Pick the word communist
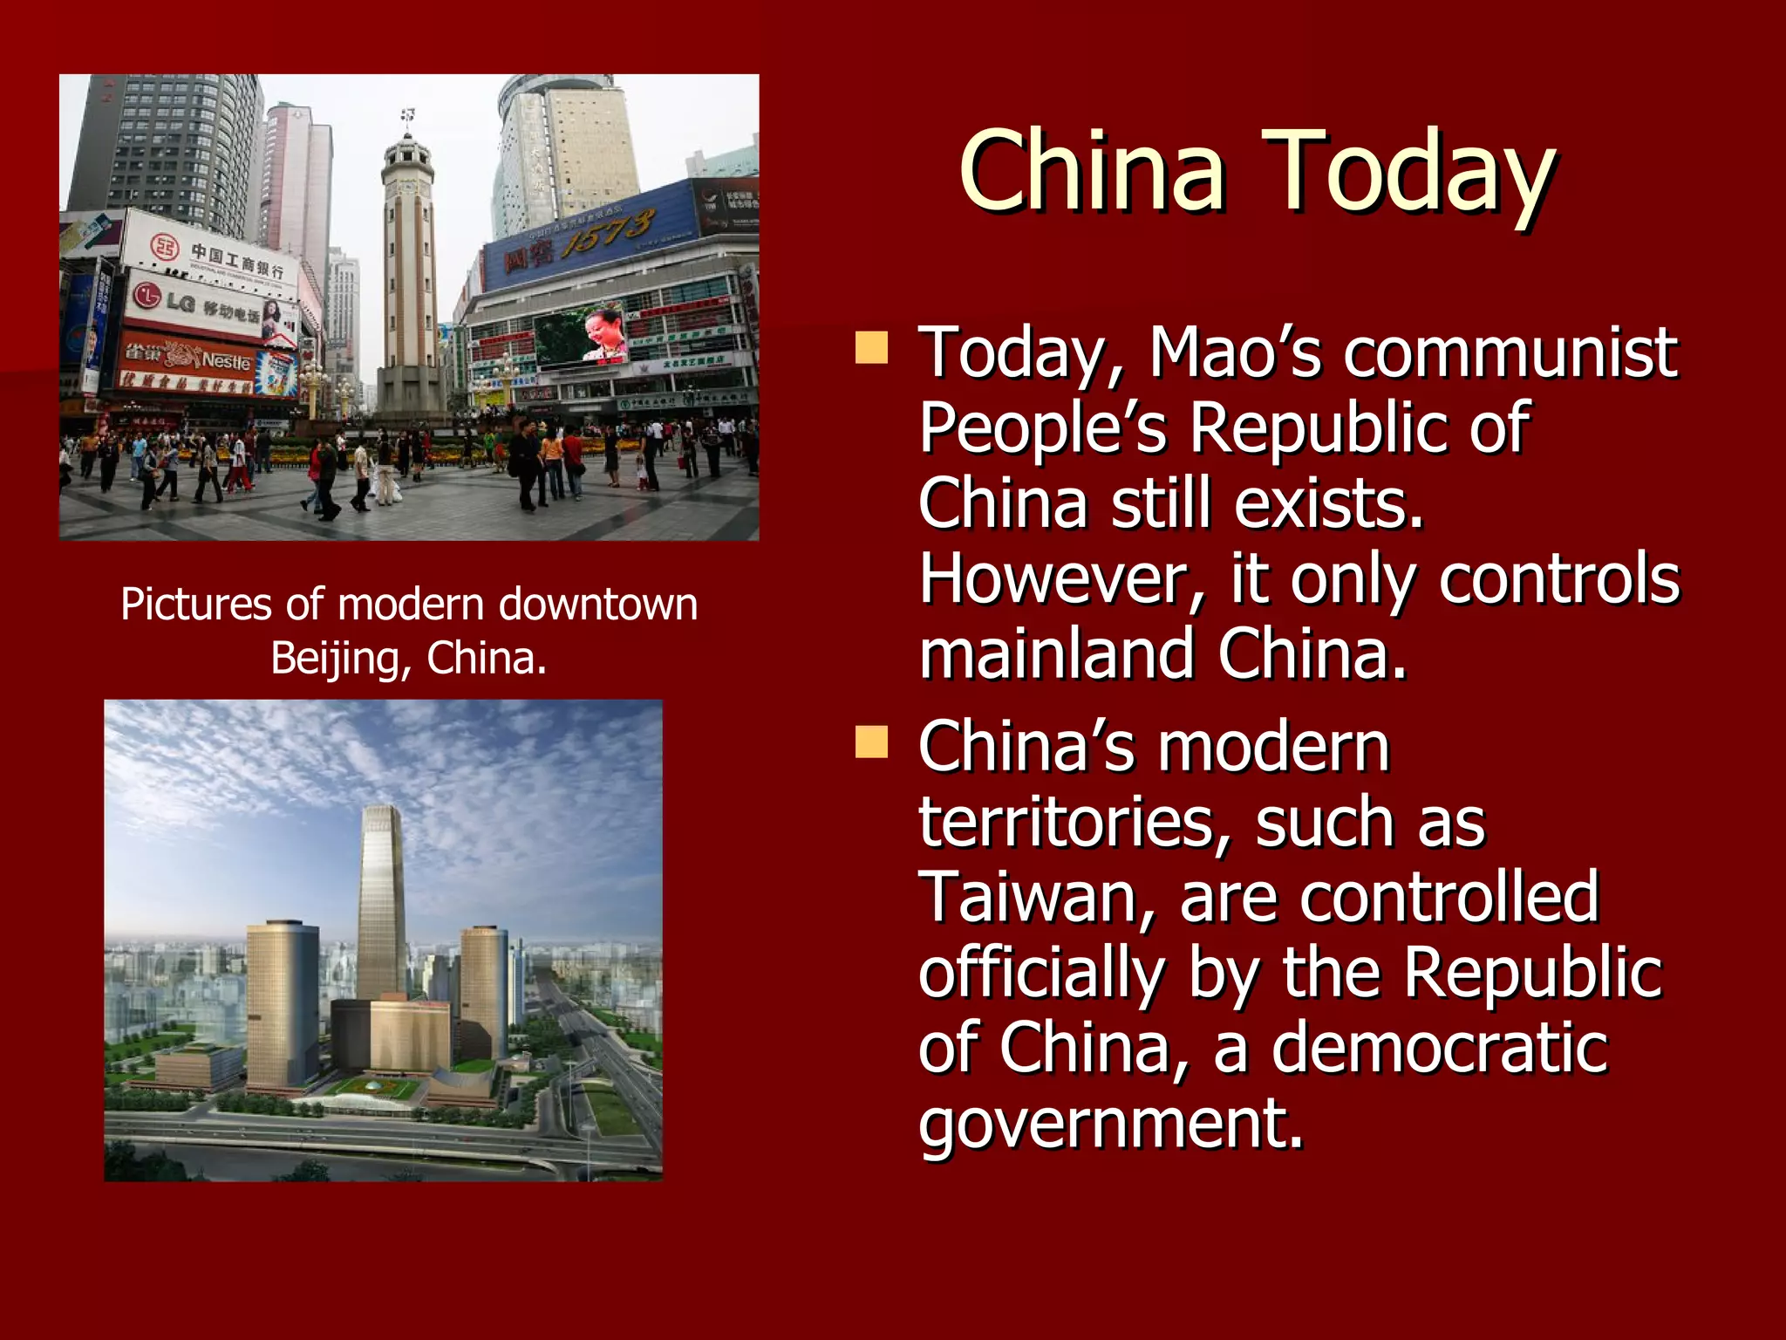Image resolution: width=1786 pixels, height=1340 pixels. pyautogui.click(x=1510, y=352)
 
